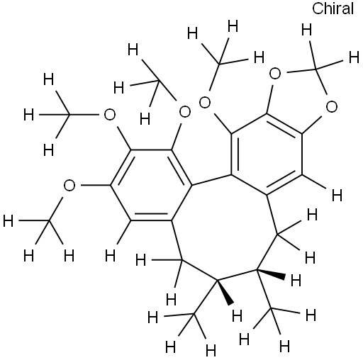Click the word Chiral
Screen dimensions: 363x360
click(x=333, y=9)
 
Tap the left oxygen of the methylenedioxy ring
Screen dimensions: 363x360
click(x=275, y=74)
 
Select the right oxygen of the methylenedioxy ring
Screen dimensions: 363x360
click(x=332, y=106)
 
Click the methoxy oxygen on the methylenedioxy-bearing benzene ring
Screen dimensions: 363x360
click(x=205, y=103)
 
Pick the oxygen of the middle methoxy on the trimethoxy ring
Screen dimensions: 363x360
click(x=110, y=115)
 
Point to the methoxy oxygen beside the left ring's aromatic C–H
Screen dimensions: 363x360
click(x=69, y=186)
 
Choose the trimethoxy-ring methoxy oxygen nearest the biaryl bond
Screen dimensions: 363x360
click(x=184, y=112)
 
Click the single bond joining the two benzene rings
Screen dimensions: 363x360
click(x=211, y=180)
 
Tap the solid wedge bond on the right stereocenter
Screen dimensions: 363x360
click(x=271, y=273)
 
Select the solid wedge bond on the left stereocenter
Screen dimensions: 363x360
click(x=225, y=292)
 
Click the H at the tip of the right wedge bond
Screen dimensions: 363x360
click(x=296, y=281)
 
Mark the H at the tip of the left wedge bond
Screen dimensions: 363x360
click(x=237, y=315)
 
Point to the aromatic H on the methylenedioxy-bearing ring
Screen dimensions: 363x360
click(x=337, y=196)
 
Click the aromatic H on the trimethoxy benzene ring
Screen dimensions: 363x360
click(x=110, y=255)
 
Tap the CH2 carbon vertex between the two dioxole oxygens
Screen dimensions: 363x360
click(x=315, y=69)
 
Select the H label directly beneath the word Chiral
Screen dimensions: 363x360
click(x=307, y=30)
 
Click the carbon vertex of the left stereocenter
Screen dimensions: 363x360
click(x=217, y=281)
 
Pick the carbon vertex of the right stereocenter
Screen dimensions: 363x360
click(x=257, y=269)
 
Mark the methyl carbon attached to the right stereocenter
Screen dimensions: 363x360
click(x=271, y=308)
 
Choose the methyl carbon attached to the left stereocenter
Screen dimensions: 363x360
click(x=194, y=314)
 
